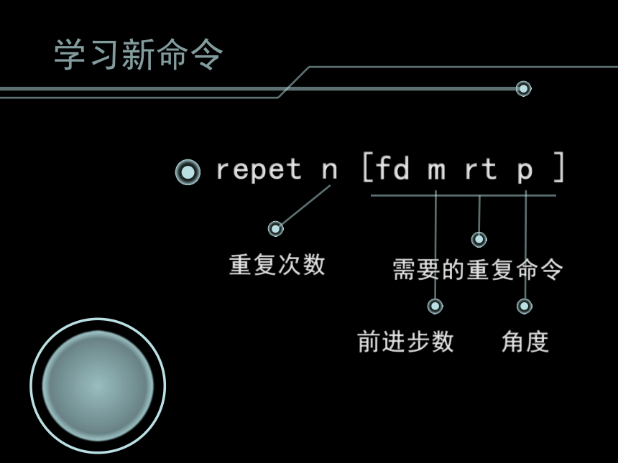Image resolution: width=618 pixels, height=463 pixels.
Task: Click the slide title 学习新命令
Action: coord(139,55)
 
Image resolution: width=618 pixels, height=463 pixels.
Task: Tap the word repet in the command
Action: coord(259,169)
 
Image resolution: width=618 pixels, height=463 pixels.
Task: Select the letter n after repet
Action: coord(330,169)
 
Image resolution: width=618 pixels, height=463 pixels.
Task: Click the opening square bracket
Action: coord(368,167)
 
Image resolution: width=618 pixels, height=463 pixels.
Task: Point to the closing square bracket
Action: coord(559,167)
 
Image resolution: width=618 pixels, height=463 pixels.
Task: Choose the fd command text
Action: coord(392,168)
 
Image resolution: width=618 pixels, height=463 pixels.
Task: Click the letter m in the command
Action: coord(437,170)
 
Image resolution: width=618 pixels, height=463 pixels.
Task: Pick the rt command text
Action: coord(481,169)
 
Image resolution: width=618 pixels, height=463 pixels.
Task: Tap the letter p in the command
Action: coord(525,172)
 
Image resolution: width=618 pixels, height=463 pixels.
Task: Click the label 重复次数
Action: coord(277,265)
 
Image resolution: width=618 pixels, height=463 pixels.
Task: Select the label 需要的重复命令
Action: coord(478,270)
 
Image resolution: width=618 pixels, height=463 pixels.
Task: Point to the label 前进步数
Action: coord(405,342)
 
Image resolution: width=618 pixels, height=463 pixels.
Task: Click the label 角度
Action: coord(525,342)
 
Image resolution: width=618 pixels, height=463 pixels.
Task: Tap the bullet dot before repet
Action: coord(188,172)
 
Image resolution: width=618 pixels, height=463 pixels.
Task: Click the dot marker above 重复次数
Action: coord(275,228)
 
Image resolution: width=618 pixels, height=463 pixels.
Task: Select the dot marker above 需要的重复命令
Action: coord(479,239)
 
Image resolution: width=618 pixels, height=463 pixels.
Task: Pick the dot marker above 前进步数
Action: coord(435,306)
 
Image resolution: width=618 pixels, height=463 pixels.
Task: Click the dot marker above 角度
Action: coord(525,306)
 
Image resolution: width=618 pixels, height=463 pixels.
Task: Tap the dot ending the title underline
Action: coord(523,88)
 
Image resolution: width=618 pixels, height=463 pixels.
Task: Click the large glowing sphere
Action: coord(98,385)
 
